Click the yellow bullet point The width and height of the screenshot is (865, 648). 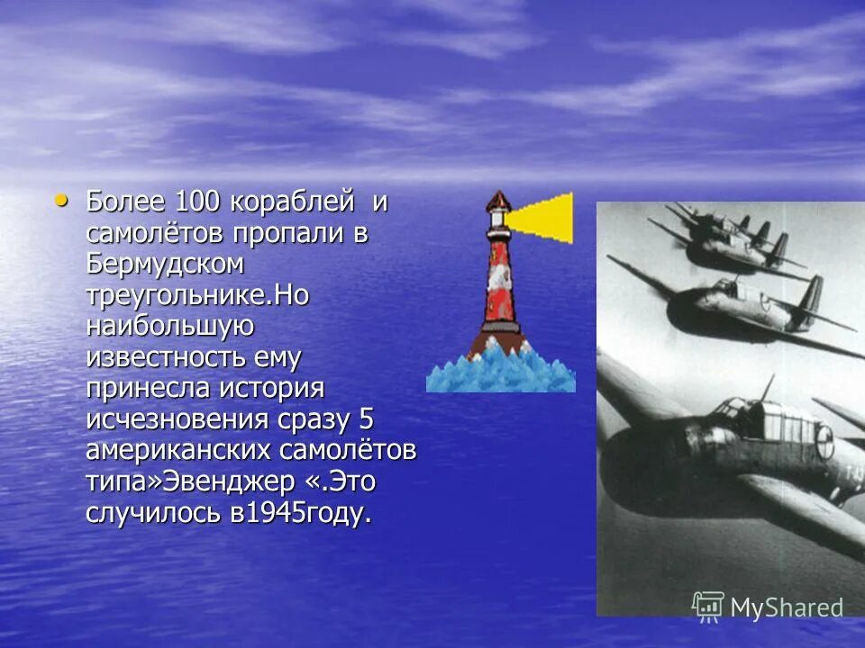tap(61, 200)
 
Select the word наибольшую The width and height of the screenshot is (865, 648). tap(169, 327)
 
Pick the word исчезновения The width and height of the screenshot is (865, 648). tap(177, 420)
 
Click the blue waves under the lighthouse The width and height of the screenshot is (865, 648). tap(500, 373)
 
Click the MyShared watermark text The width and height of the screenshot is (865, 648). tap(786, 607)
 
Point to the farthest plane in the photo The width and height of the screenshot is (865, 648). tap(712, 220)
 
